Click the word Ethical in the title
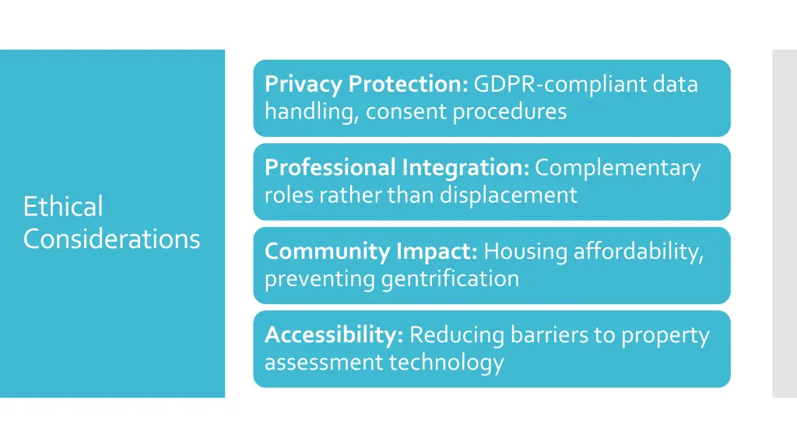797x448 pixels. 63,207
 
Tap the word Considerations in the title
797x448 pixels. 111,238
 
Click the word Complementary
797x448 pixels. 618,168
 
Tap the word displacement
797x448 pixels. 508,194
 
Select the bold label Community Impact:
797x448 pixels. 370,251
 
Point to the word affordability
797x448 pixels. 638,251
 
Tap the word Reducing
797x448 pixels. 457,335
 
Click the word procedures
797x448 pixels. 510,111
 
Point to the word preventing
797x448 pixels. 320,278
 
